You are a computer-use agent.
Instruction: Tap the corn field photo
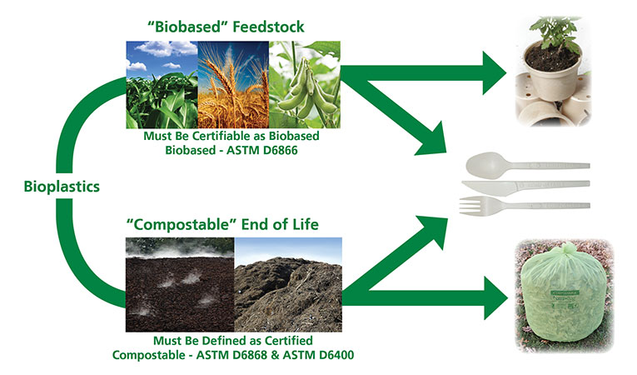[161, 82]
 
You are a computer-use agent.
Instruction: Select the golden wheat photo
[232, 82]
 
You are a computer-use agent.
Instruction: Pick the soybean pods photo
[305, 82]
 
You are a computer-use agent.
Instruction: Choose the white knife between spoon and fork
[525, 184]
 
